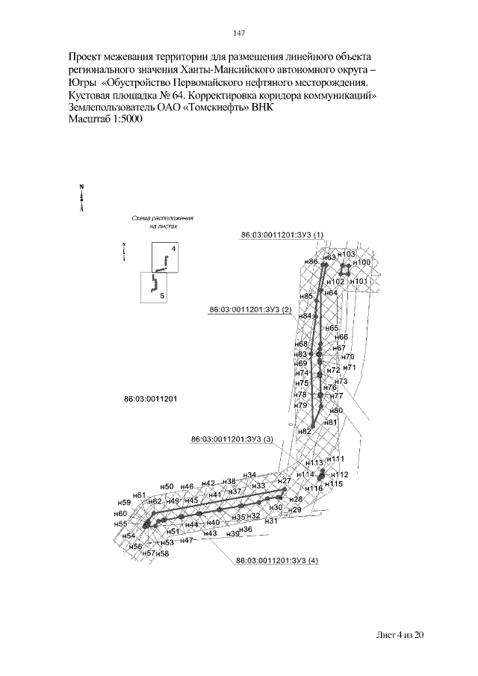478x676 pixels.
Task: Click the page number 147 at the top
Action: coord(239,33)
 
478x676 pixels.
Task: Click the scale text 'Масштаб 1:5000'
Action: coord(108,120)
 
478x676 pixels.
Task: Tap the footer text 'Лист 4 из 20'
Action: coord(400,635)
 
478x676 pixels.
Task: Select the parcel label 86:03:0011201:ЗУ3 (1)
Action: coord(282,235)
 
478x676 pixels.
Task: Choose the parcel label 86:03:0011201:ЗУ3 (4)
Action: coord(276,560)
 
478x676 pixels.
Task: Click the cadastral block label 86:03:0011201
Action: coord(149,399)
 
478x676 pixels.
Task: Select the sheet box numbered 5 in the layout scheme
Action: coord(154,286)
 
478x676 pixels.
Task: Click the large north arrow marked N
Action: coord(81,197)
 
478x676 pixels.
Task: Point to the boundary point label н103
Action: coord(348,255)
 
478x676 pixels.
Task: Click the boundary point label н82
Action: coord(304,432)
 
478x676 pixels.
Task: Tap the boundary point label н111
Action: coord(337,459)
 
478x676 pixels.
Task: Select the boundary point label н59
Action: coord(125,503)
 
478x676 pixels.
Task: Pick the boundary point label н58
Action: coord(163,553)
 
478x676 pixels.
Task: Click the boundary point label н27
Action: coord(284,481)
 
